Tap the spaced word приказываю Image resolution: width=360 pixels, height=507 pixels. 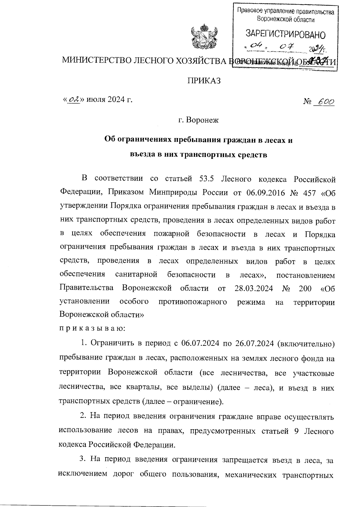pyautogui.click(x=92, y=328)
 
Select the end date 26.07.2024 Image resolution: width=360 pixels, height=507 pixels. pyautogui.click(x=255, y=343)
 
